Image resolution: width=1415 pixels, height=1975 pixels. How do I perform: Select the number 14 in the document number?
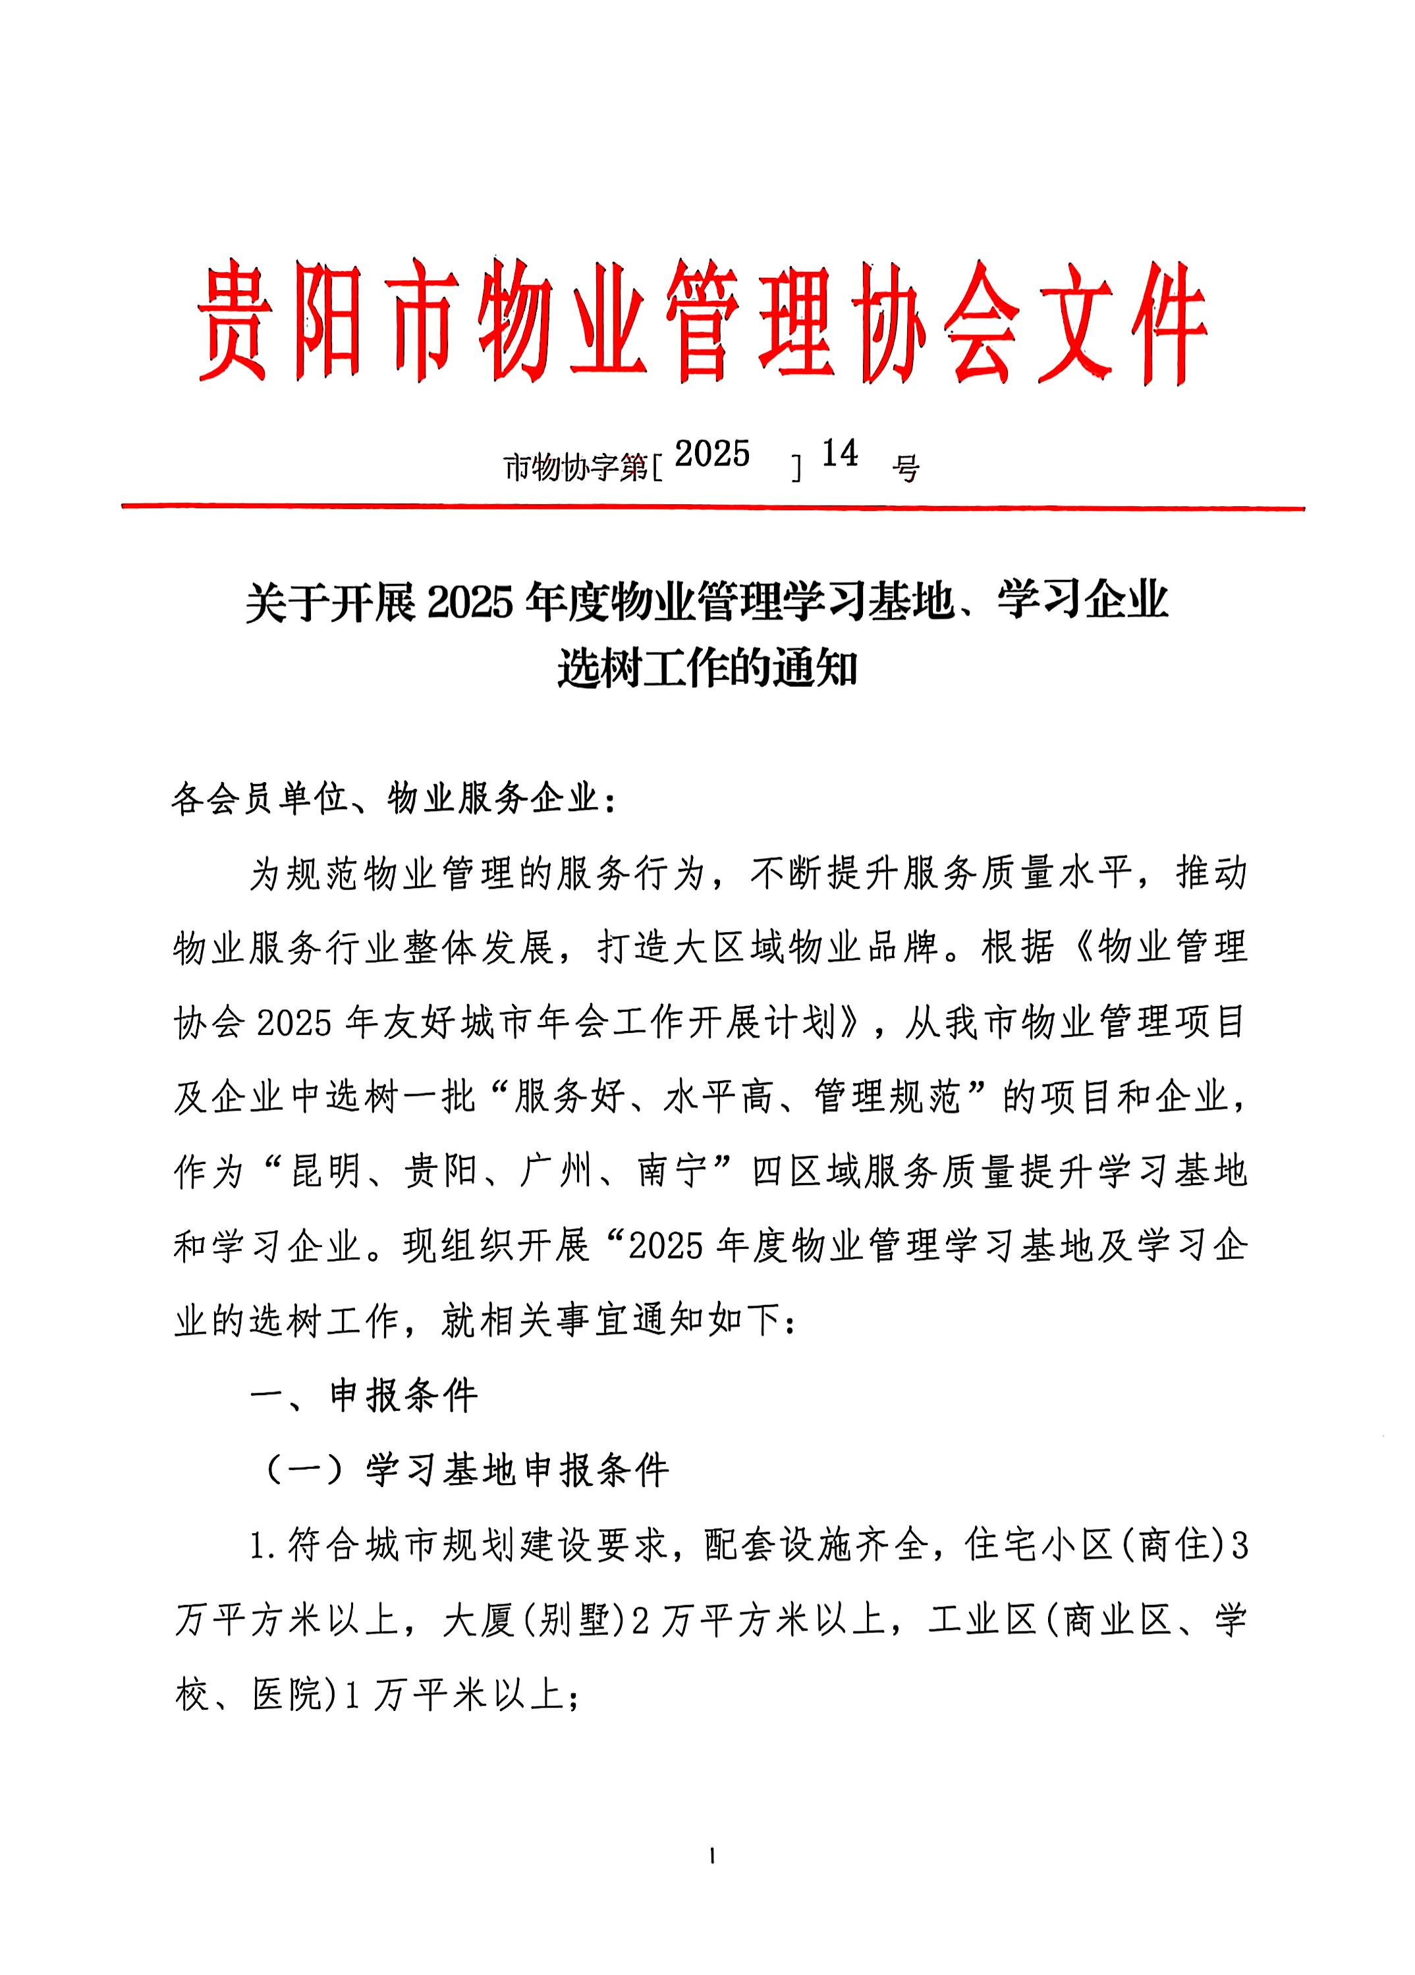point(840,453)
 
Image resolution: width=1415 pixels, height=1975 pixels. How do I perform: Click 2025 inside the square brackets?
point(712,454)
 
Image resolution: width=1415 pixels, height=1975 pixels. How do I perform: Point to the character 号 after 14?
point(906,469)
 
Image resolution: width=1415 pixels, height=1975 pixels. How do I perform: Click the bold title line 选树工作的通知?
point(707,670)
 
